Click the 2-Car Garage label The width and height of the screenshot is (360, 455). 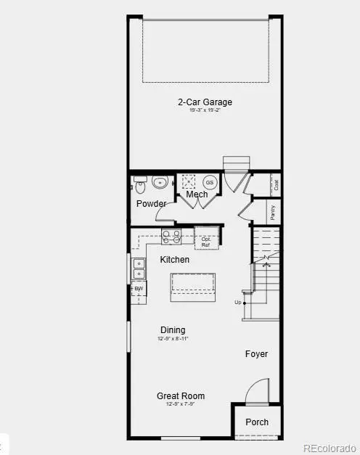coord(205,102)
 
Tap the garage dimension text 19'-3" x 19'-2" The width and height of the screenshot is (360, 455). coord(205,111)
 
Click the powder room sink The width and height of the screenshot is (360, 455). coord(160,181)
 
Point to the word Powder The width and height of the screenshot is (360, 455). coord(151,203)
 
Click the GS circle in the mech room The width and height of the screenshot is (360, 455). coord(210,182)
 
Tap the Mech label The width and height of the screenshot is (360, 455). coord(197,194)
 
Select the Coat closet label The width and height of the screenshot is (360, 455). coord(276,184)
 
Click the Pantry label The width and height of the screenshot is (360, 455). coord(273,212)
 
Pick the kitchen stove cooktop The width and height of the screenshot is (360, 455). coord(171,236)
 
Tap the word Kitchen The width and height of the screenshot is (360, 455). coord(175,260)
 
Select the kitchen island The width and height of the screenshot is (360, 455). coord(193,287)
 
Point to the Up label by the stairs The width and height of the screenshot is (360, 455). coord(237,302)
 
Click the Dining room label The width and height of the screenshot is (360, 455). coord(173,330)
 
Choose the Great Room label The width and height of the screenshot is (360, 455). coord(181,395)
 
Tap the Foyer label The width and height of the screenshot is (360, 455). coord(256,354)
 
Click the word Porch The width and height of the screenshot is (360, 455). coord(257,422)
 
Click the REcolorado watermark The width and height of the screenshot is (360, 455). coord(329,447)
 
